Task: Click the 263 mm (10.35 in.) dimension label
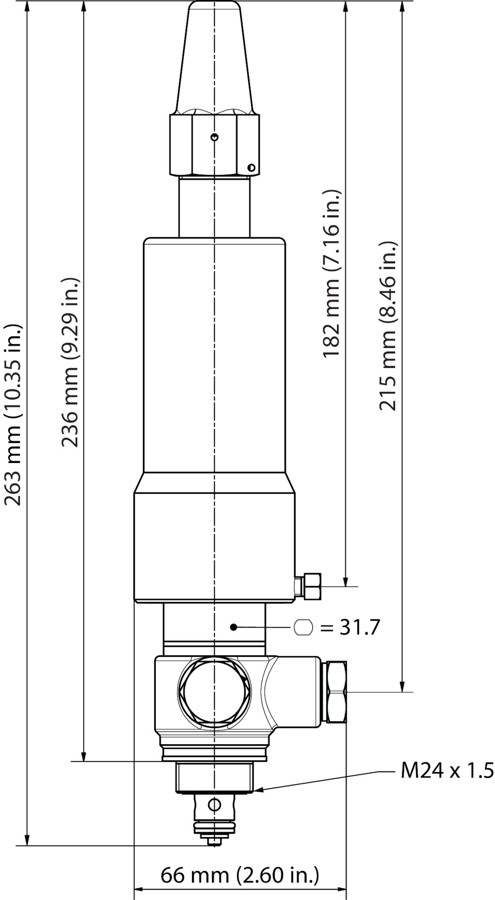[x=13, y=414]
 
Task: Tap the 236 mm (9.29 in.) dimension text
[x=70, y=362]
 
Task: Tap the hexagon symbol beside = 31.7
[x=303, y=627]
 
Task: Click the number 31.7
[x=359, y=627]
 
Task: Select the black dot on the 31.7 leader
[x=233, y=627]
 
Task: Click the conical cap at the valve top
[x=215, y=58]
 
